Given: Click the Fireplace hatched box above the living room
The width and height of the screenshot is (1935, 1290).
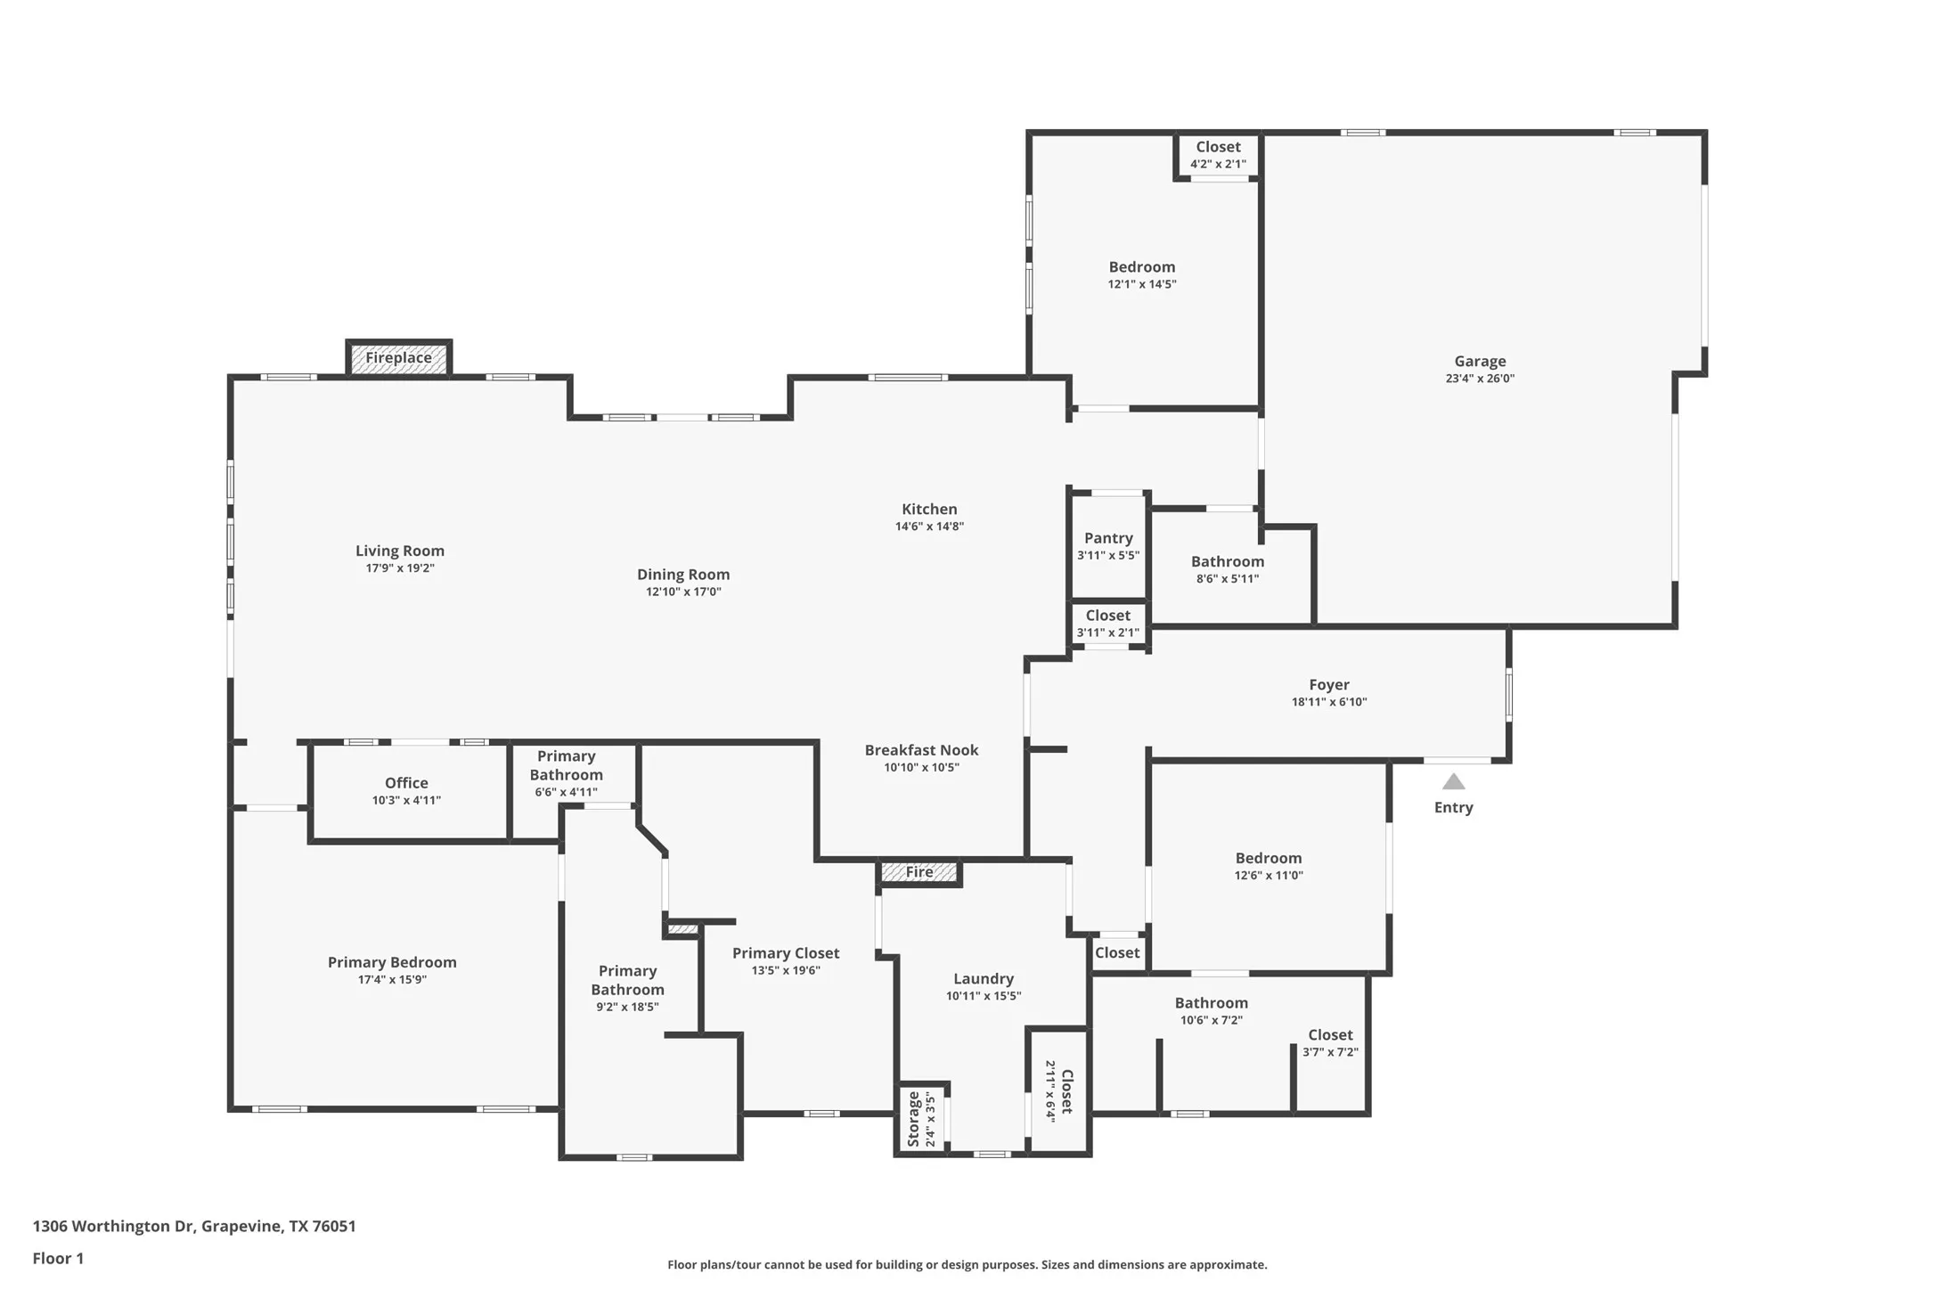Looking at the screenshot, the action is click(398, 358).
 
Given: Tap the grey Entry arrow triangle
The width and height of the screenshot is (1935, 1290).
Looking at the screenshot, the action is click(1454, 781).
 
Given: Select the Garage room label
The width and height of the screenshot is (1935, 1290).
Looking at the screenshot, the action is click(1481, 361).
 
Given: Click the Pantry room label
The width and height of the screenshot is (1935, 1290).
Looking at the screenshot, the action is click(1108, 538).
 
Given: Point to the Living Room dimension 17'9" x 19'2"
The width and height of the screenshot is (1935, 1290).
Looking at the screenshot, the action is click(400, 568).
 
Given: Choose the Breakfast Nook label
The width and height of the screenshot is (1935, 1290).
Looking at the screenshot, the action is click(922, 750).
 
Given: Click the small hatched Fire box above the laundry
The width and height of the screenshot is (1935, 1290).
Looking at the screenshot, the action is click(919, 872).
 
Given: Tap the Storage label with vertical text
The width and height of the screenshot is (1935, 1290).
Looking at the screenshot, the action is click(913, 1119).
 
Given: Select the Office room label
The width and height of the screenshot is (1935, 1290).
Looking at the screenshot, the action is click(406, 783).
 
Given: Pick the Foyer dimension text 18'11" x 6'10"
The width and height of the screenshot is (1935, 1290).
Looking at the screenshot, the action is click(1329, 702).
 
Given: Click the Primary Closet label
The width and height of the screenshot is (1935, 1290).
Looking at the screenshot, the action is click(786, 953).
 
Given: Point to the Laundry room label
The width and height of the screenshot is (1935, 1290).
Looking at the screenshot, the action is click(984, 978).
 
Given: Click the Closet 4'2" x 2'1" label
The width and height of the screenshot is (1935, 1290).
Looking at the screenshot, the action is click(1218, 155).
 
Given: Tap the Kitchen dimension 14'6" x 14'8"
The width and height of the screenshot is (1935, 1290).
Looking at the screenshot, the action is click(929, 527).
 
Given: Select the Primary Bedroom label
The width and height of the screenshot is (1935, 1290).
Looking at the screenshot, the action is click(392, 962).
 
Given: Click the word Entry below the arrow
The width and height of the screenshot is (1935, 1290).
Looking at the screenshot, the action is click(1454, 807).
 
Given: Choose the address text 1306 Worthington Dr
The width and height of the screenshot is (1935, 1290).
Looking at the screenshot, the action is click(113, 1226).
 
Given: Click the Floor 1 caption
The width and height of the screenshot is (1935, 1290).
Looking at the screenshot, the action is click(58, 1258).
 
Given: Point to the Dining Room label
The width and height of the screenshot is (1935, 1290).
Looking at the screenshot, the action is click(683, 575).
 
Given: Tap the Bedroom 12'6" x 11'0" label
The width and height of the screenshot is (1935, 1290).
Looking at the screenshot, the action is click(1269, 866).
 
